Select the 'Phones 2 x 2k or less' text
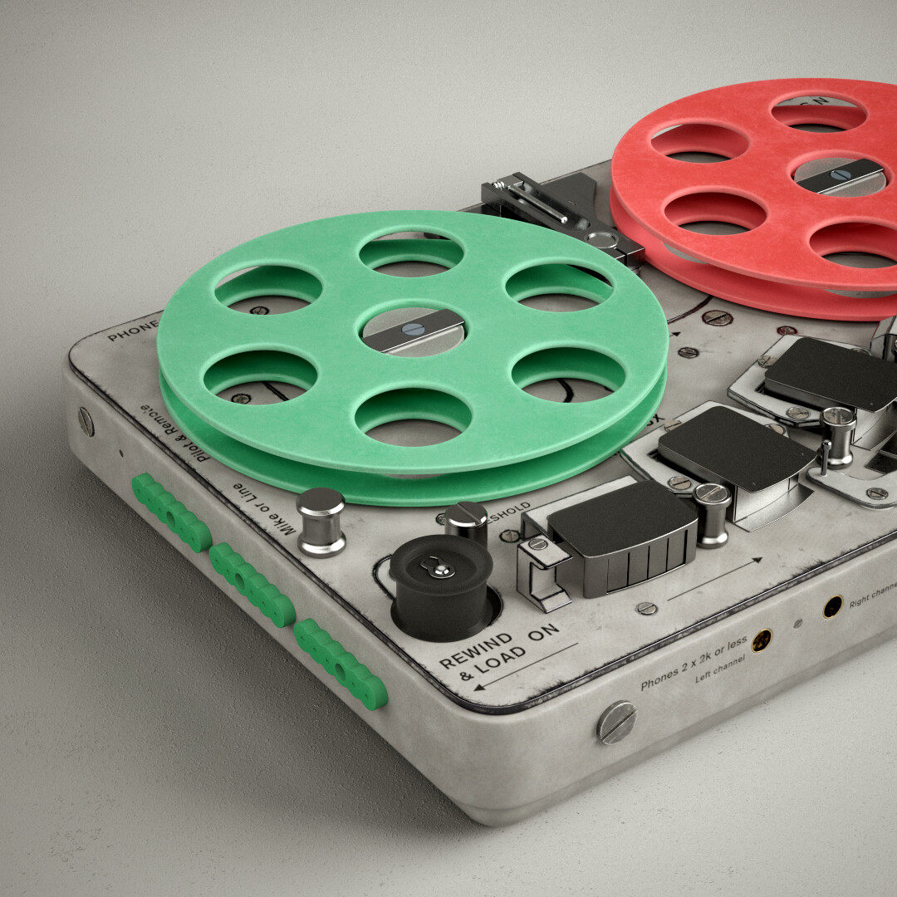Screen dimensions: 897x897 pyautogui.click(x=694, y=664)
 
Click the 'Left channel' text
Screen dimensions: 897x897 pyautogui.click(x=720, y=669)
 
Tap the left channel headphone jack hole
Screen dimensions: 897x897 pyautogui.click(x=761, y=640)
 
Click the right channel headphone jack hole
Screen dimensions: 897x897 pyautogui.click(x=832, y=607)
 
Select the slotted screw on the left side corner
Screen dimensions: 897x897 pyautogui.click(x=86, y=421)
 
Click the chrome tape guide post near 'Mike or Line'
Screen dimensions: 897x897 pyautogui.click(x=321, y=522)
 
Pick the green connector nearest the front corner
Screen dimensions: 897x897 pyautogui.click(x=341, y=664)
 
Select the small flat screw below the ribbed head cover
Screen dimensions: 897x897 pyautogui.click(x=646, y=608)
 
